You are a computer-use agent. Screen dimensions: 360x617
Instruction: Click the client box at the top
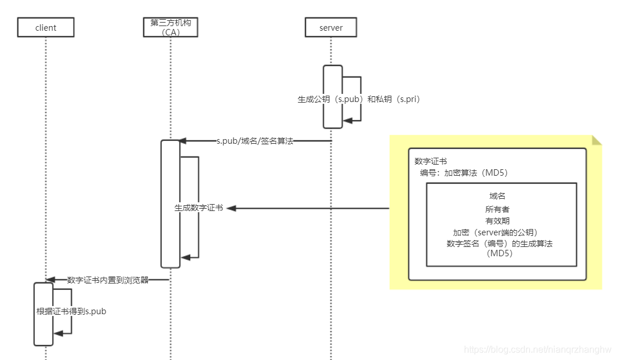[x=45, y=27]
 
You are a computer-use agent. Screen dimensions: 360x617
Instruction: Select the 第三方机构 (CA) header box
[x=170, y=27]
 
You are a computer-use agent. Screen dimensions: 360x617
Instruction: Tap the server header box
[x=331, y=27]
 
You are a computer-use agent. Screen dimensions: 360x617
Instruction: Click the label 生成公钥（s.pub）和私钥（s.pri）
[x=358, y=99]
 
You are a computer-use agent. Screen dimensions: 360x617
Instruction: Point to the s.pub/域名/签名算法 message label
[x=255, y=141]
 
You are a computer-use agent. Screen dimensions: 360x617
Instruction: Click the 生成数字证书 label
[x=199, y=208]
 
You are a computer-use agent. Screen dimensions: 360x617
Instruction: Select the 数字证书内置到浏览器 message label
[x=108, y=279]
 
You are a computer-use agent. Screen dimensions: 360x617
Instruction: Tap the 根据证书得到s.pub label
[x=71, y=311]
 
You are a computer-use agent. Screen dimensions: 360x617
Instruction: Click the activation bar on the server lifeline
[x=333, y=96]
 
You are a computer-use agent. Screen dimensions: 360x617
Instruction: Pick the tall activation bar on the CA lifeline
[x=170, y=203]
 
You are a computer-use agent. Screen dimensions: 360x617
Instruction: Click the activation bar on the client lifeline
[x=43, y=314]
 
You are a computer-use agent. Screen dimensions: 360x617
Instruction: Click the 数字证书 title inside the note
[x=430, y=161]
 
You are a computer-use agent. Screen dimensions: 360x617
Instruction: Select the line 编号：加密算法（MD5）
[x=464, y=173]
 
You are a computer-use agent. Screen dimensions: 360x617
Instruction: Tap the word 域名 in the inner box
[x=497, y=196]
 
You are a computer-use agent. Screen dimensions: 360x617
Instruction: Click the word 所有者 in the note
[x=497, y=209]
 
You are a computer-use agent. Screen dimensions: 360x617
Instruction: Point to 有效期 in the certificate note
[x=497, y=220]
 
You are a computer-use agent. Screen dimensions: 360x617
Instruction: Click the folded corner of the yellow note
[x=597, y=140]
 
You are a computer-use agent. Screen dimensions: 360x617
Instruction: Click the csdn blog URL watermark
[x=538, y=350]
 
